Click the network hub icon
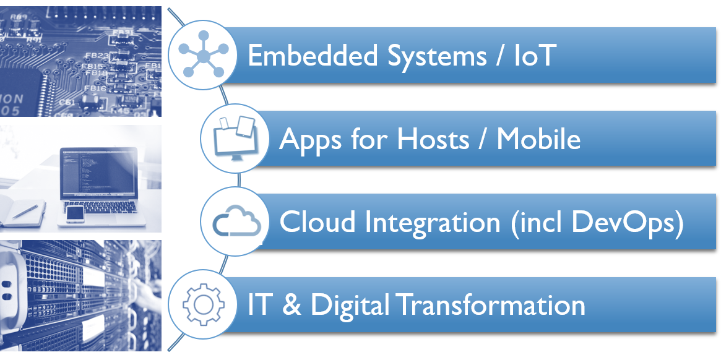point(204,56)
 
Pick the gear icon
point(204,305)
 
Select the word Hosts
point(433,139)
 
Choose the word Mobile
point(538,139)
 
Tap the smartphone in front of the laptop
point(75,213)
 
